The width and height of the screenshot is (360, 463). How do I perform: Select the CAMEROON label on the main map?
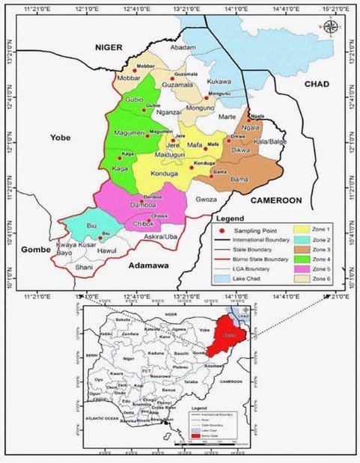[275, 200]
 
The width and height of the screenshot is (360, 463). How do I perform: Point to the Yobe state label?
[59, 137]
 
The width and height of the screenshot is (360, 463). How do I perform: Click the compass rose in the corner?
[330, 28]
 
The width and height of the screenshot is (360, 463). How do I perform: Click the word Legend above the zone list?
[230, 218]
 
